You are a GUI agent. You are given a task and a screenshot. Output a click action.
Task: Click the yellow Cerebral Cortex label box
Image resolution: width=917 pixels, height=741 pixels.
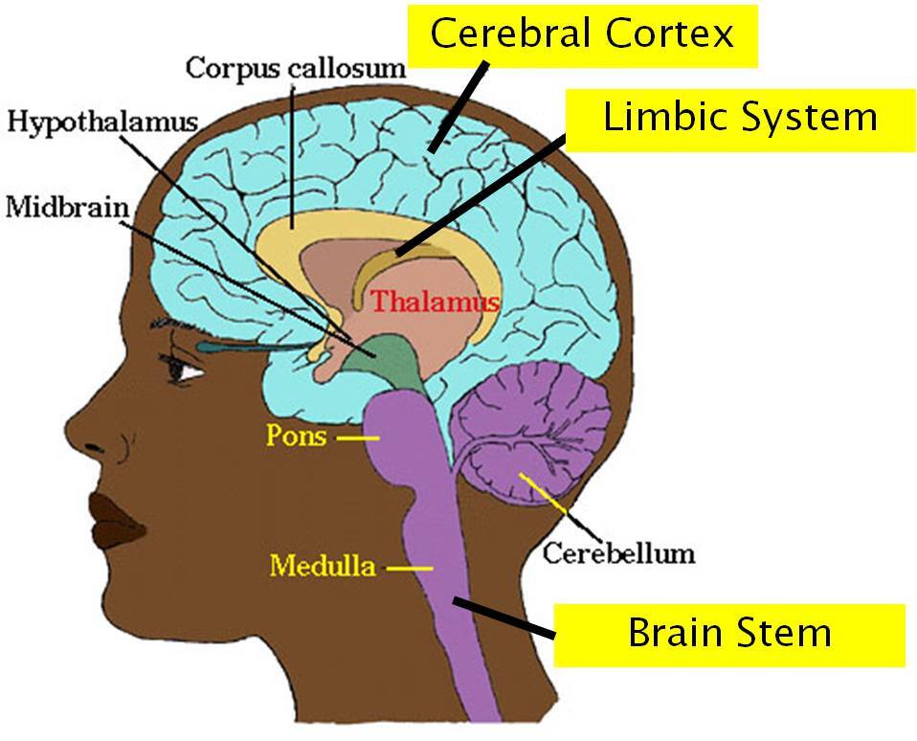(582, 34)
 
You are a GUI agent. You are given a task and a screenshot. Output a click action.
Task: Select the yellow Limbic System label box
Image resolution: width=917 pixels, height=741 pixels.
(740, 119)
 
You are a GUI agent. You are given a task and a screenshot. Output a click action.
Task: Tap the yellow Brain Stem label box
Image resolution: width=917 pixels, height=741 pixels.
(729, 634)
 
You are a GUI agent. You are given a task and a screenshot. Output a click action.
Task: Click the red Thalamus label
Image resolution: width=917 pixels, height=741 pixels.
(436, 302)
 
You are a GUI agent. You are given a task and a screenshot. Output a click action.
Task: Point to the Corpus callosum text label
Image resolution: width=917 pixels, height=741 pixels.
(296, 69)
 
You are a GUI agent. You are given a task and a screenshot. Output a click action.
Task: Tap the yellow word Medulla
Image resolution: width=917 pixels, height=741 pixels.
(322, 566)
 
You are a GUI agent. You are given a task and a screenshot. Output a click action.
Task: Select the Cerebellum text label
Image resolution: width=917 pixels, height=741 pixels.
(617, 552)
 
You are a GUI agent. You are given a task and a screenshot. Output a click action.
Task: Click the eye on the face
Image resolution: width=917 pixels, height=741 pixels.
(185, 366)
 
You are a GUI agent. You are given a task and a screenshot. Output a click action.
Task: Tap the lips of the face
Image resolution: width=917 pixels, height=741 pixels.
(121, 517)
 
